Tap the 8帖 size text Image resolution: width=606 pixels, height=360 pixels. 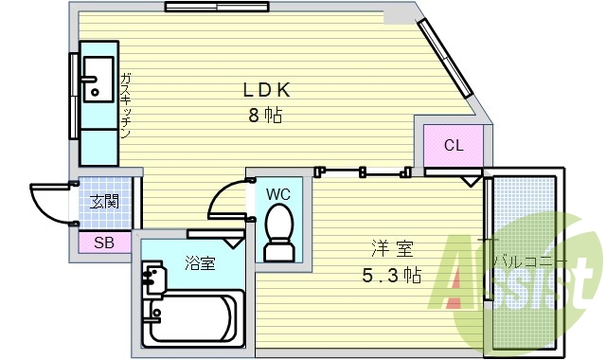(266, 117)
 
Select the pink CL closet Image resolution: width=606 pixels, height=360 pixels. (453, 145)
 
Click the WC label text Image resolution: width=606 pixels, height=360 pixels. (277, 194)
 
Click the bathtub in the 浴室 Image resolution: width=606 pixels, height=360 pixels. (195, 320)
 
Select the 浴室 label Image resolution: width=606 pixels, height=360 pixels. (200, 263)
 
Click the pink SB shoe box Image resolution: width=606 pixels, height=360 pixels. (103, 243)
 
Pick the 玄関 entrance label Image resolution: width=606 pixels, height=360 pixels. (104, 202)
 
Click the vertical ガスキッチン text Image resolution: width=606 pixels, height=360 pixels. (125, 104)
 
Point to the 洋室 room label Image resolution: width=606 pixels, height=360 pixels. (392, 250)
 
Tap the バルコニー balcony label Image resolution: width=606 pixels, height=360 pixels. (531, 261)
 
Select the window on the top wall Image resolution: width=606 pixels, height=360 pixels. (211, 7)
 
